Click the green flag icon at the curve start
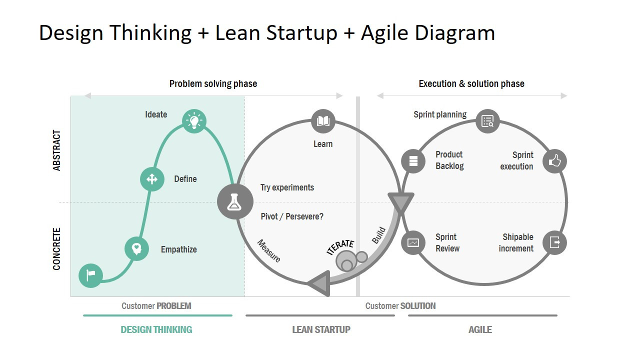tap(91, 275)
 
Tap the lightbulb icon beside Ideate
tap(194, 121)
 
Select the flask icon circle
tap(235, 202)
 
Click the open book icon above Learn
tap(323, 121)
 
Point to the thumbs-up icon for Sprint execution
tap(554, 161)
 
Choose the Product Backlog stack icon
tap(413, 161)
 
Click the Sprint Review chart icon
tap(413, 242)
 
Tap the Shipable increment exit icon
tap(554, 242)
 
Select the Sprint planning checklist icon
tap(487, 121)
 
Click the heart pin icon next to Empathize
tap(136, 248)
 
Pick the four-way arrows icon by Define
tap(152, 179)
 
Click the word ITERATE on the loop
tap(340, 247)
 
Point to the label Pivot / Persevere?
tap(292, 216)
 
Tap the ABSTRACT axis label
tap(57, 150)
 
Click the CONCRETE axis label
tap(57, 249)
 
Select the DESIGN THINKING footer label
tap(156, 329)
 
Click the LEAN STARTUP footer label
tap(321, 329)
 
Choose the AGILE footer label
tap(480, 329)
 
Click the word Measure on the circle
tap(268, 251)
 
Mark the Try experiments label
tap(287, 187)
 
